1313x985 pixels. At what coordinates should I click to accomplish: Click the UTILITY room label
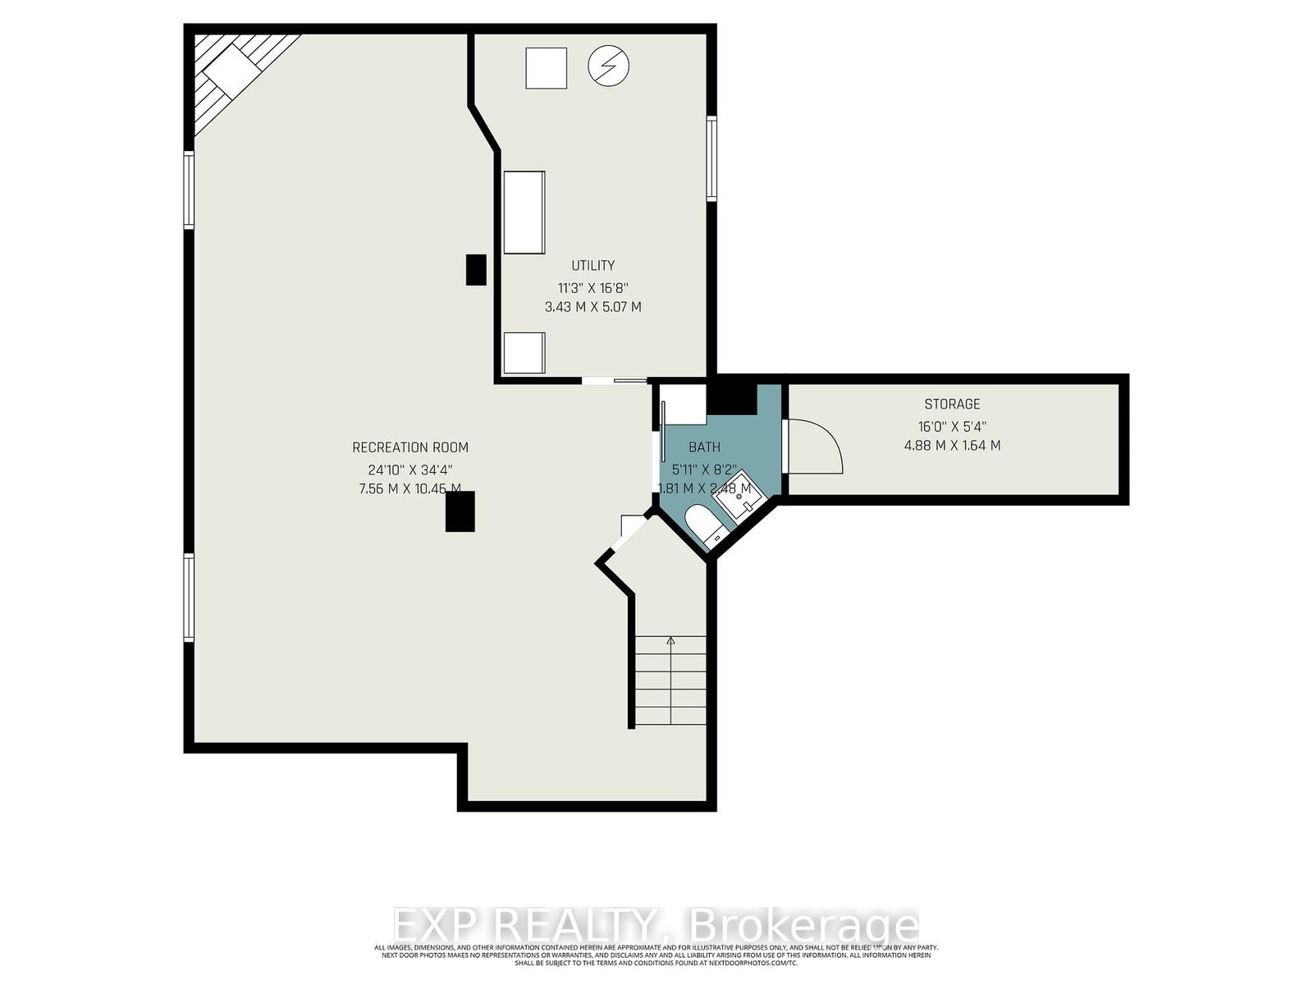(x=592, y=265)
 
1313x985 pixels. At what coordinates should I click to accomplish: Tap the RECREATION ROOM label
(x=410, y=447)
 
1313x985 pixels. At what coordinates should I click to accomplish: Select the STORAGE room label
(x=952, y=404)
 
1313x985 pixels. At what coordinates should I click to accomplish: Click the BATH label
(x=704, y=447)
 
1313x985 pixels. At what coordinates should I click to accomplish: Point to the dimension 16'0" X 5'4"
(x=952, y=426)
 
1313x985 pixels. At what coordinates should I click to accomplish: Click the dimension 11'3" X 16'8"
(x=592, y=287)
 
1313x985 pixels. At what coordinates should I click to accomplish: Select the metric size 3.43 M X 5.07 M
(x=592, y=307)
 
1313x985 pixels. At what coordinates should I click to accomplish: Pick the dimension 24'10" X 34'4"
(x=410, y=470)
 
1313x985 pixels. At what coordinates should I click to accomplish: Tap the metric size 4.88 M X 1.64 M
(x=952, y=446)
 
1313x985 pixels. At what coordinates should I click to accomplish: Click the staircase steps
(x=671, y=681)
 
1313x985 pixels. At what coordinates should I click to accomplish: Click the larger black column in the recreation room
(x=460, y=512)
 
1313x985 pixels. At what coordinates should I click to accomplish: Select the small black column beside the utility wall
(x=476, y=269)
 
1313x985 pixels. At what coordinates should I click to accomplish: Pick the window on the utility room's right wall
(x=712, y=158)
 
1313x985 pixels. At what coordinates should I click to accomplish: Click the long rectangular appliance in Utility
(x=524, y=213)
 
